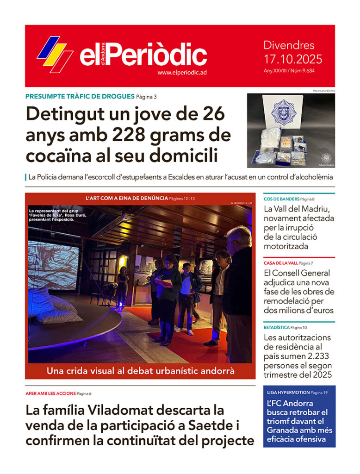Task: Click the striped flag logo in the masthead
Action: point(55,54)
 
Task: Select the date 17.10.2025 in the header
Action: point(292,59)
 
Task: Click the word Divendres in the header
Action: point(289,45)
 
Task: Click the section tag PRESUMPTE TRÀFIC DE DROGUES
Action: point(80,97)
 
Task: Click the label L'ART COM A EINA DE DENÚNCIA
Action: point(127,198)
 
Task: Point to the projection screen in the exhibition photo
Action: point(53,264)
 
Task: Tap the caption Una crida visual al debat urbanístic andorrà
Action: point(140,371)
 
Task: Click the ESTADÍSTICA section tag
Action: point(276,328)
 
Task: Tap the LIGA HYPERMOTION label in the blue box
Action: point(288,393)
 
